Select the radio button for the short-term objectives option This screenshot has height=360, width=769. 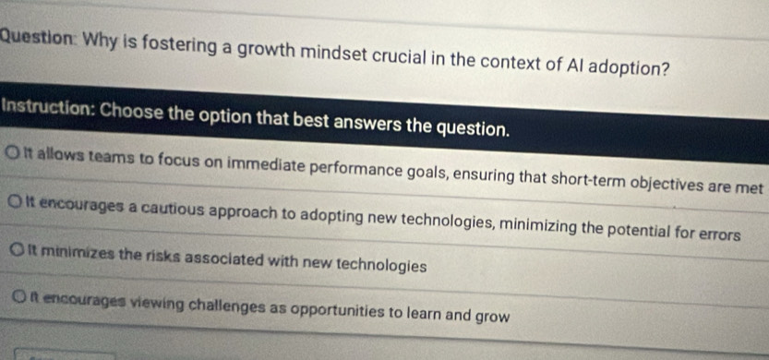pyautogui.click(x=14, y=152)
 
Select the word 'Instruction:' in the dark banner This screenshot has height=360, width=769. pyautogui.click(x=49, y=108)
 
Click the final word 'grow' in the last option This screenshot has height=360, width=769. pyautogui.click(x=492, y=317)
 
